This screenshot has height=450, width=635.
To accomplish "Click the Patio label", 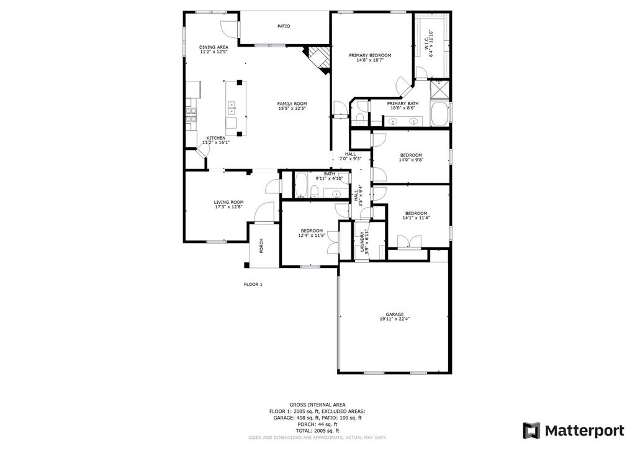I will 284,26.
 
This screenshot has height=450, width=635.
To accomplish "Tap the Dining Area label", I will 214,47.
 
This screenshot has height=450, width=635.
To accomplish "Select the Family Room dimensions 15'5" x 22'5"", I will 292,109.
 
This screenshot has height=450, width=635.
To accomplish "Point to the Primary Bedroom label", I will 374,55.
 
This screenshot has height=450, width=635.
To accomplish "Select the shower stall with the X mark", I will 440,90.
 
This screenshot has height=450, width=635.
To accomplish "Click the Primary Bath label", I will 403,103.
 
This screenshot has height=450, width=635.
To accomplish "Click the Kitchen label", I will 216,138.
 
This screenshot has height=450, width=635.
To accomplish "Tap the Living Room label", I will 228,202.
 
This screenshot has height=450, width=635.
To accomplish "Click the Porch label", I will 261,246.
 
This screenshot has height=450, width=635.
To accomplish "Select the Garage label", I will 394,315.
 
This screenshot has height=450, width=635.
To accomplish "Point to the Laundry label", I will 360,242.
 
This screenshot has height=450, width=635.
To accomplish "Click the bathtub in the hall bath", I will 300,186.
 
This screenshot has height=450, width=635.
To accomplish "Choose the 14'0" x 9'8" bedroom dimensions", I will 410,160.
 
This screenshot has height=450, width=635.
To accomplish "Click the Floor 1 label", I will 253,284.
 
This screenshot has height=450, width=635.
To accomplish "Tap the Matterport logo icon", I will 531,430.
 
